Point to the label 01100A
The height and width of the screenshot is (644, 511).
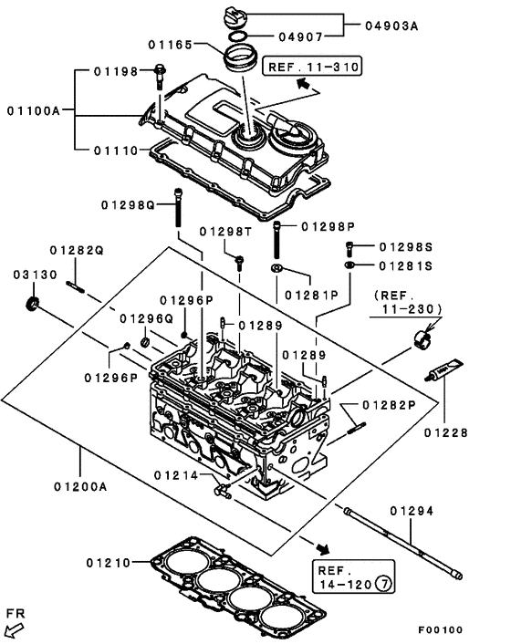point(33,110)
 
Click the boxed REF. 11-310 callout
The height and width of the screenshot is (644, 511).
point(312,67)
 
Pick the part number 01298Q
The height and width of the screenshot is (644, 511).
point(130,204)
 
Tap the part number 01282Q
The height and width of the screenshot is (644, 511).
point(77,250)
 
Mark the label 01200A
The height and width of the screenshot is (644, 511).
point(80,486)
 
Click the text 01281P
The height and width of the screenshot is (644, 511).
point(310,295)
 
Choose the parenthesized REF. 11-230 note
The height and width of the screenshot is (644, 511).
point(405,303)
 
